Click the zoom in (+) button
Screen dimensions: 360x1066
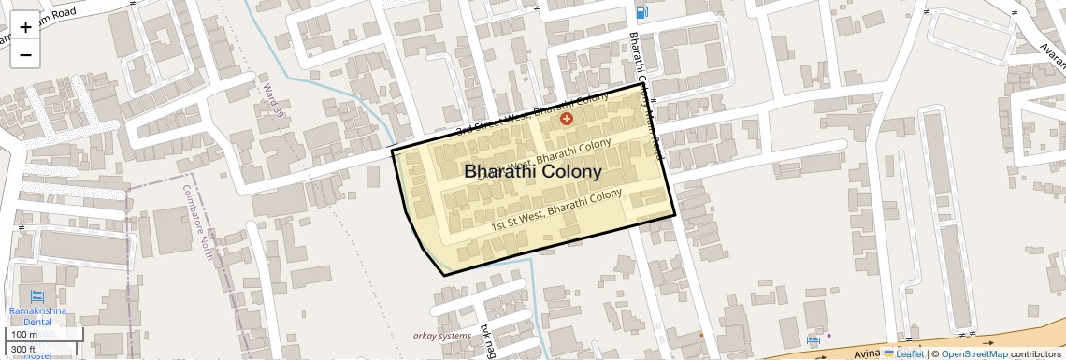click(25, 26)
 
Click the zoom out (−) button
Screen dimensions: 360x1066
click(25, 54)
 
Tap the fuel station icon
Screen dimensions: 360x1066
click(641, 12)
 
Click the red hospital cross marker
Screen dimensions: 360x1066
click(566, 119)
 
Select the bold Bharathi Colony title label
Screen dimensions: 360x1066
click(533, 172)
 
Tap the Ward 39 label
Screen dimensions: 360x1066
click(273, 100)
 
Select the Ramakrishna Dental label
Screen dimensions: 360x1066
click(37, 315)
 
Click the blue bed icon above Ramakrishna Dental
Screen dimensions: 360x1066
click(38, 295)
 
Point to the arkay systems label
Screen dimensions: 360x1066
click(442, 335)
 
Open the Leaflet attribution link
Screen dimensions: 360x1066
click(903, 353)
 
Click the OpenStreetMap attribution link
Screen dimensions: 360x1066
click(974, 353)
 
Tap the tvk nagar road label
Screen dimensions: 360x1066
click(486, 341)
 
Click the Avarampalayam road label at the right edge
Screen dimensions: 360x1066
click(1052, 56)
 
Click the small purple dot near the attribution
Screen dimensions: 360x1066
click(828, 335)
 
